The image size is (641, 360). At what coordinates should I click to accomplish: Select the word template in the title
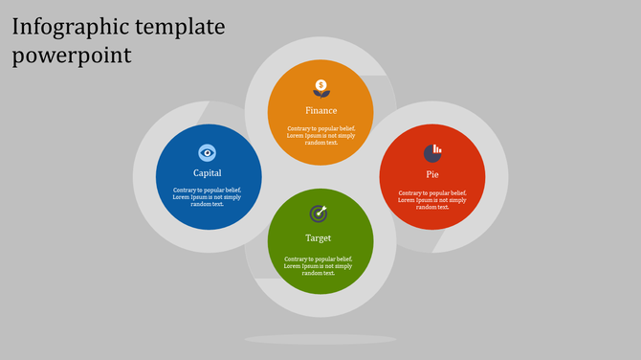coord(182,28)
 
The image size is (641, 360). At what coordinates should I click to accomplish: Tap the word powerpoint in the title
coord(73,56)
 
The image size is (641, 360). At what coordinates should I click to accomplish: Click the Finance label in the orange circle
coord(320,110)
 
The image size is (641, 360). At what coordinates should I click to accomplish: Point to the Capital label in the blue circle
coord(208,173)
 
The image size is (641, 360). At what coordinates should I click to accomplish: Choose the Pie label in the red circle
coord(432,173)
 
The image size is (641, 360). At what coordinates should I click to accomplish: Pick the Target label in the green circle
coord(319,237)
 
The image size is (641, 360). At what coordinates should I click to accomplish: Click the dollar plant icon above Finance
coord(320,88)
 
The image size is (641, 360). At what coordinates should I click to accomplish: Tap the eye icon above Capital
coord(208,152)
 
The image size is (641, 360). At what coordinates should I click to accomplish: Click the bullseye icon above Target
coord(319,213)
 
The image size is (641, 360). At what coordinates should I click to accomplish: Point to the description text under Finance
coord(320,135)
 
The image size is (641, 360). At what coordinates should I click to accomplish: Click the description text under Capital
coord(208,196)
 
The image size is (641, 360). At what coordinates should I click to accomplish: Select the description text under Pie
coord(432,199)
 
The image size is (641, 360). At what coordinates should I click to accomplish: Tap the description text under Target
coord(319,265)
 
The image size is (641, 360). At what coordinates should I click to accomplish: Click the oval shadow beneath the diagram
coord(320,339)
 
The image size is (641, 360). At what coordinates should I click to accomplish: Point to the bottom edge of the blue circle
coord(208,227)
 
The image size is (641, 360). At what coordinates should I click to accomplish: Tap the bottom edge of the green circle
coord(319,291)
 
